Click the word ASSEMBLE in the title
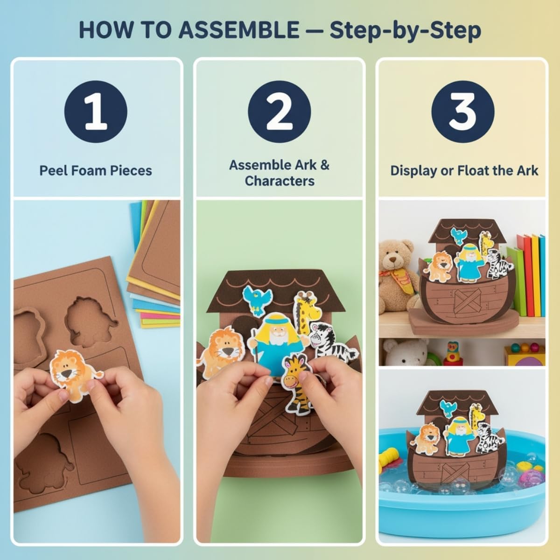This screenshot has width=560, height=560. (239, 30)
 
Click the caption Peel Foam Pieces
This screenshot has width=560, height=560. (96, 170)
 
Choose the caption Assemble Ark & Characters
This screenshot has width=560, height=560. (279, 173)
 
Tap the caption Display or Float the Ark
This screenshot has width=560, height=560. (464, 170)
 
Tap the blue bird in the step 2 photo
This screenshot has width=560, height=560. (257, 299)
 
